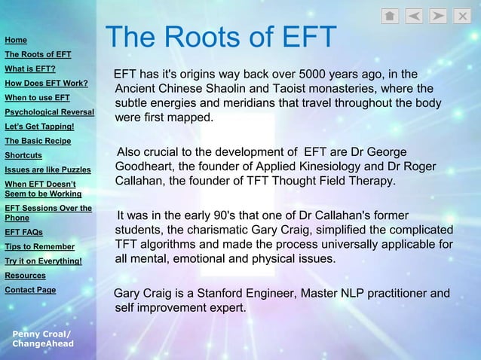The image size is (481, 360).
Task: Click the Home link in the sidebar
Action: click(x=16, y=40)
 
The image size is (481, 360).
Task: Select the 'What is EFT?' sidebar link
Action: click(x=25, y=69)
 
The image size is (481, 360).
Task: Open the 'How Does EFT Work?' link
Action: click(x=47, y=83)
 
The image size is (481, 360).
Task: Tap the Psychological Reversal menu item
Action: click(x=49, y=111)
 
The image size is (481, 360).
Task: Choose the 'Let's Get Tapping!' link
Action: click(x=39, y=126)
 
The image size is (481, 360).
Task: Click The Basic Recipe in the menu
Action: click(x=38, y=140)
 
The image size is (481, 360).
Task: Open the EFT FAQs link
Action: click(x=23, y=232)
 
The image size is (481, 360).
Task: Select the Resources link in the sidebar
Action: click(x=25, y=276)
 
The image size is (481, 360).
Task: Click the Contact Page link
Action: click(x=30, y=290)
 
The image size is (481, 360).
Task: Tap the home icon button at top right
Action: click(x=390, y=16)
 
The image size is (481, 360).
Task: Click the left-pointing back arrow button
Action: click(x=415, y=16)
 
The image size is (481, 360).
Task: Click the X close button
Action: click(x=464, y=16)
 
